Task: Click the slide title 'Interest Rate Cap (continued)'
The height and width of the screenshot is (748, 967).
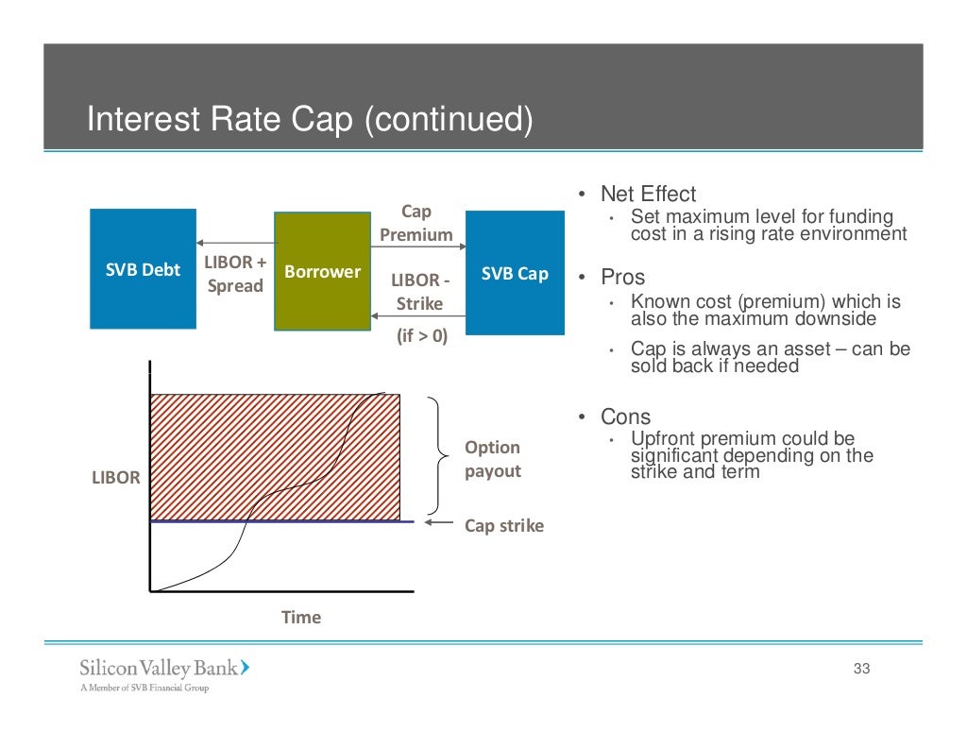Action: tap(310, 120)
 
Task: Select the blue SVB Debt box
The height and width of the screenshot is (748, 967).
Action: tap(143, 269)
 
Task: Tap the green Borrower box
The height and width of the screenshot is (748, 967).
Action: tap(322, 271)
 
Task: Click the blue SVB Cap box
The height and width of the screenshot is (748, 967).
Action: tap(515, 273)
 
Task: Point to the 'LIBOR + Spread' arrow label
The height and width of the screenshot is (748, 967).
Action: tap(235, 274)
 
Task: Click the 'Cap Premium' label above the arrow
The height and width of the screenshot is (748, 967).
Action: tap(416, 224)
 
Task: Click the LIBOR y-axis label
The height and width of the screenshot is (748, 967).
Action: tap(115, 478)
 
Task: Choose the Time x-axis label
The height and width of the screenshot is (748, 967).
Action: tap(301, 618)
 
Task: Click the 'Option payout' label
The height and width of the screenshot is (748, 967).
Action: tap(492, 459)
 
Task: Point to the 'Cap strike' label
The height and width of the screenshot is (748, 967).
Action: tap(504, 526)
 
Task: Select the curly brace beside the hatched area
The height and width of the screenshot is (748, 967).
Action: tap(439, 457)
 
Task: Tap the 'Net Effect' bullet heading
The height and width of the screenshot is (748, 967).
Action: tap(648, 195)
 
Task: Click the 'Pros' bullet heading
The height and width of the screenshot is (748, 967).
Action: tap(622, 278)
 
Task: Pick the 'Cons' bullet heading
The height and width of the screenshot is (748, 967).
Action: tap(625, 417)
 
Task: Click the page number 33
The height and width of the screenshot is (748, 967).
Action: tap(860, 670)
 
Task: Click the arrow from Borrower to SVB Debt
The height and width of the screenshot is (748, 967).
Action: tap(235, 244)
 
